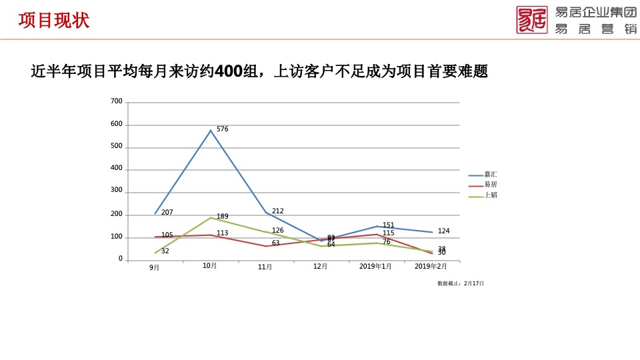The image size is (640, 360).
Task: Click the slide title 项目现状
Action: (x=53, y=21)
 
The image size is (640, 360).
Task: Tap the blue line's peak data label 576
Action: (x=223, y=129)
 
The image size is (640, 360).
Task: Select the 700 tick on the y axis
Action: (x=116, y=101)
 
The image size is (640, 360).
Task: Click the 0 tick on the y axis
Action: (x=120, y=259)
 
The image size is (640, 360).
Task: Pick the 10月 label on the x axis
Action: (x=210, y=265)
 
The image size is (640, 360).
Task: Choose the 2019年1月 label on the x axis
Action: (x=376, y=266)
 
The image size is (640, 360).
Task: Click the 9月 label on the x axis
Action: (x=155, y=267)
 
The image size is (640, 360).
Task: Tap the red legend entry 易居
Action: (x=491, y=185)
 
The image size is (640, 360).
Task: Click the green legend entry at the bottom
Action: (x=491, y=195)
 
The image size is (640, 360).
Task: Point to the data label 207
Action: (x=167, y=212)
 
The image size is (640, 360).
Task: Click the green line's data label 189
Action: (x=223, y=217)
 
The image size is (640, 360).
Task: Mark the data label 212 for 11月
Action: (x=278, y=211)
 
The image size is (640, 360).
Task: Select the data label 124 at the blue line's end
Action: (x=444, y=231)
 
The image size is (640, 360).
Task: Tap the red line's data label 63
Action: (x=276, y=243)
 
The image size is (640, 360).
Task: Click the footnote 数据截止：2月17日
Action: (x=461, y=283)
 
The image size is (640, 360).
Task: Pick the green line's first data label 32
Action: (x=165, y=251)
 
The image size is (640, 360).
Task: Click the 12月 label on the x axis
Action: (x=320, y=266)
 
